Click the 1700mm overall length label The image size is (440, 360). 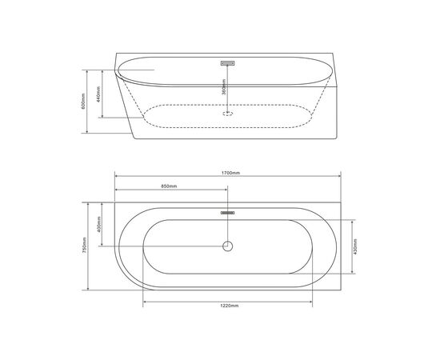(x=230, y=173)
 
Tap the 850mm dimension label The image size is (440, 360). (x=169, y=186)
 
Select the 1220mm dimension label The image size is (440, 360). (x=230, y=306)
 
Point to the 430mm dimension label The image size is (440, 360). (x=355, y=246)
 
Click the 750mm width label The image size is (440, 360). (x=85, y=246)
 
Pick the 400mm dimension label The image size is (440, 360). (x=98, y=225)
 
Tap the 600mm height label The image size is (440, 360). (x=83, y=101)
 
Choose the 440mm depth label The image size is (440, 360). (x=98, y=94)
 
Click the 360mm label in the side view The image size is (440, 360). (x=224, y=87)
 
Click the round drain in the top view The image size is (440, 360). (x=227, y=246)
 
